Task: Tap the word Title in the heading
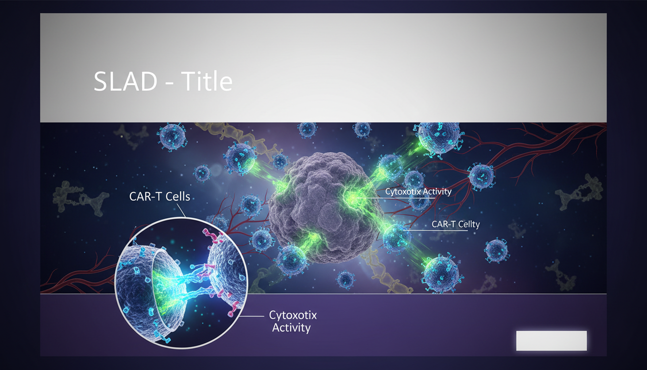point(207,82)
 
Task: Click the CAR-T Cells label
point(159,197)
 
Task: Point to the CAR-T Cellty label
point(455,224)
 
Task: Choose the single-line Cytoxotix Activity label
point(418,192)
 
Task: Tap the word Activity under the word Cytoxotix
point(291,328)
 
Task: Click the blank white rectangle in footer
point(551,341)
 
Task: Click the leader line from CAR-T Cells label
point(181,211)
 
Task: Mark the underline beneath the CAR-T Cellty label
point(438,231)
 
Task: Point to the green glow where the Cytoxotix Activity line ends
point(353,198)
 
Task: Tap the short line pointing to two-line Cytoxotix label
point(253,317)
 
